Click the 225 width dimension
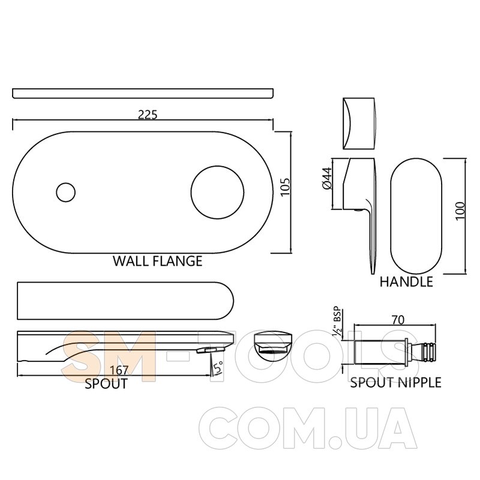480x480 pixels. pos(148,115)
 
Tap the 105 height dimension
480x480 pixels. pos(284,187)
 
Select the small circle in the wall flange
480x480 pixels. pos(66,192)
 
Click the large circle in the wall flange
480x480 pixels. pos(217,193)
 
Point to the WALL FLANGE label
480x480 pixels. pos(158,261)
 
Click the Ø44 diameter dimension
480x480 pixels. pos(327,178)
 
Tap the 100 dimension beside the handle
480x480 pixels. pos(460,211)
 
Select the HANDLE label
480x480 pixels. pos(406,281)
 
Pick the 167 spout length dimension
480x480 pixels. pos(119,370)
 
